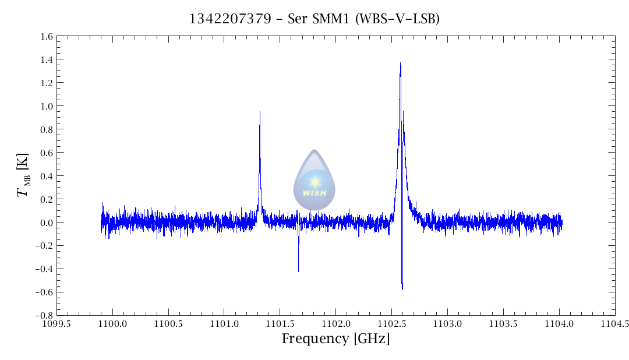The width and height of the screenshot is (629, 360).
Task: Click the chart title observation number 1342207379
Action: (x=230, y=19)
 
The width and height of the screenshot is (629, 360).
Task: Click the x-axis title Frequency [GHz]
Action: (x=335, y=339)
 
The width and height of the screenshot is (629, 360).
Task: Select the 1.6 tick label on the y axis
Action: (x=47, y=37)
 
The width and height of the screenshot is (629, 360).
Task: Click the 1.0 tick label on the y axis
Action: (x=47, y=106)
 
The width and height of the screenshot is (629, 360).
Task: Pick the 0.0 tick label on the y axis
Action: (x=47, y=223)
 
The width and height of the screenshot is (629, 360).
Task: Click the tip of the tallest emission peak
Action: (x=400, y=63)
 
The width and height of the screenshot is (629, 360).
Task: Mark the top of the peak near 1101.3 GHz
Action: (x=260, y=111)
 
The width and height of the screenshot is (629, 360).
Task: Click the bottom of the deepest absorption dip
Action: (x=402, y=290)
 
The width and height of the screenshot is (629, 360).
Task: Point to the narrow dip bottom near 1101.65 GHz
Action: (x=298, y=271)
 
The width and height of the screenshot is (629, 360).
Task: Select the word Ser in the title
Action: (x=298, y=19)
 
